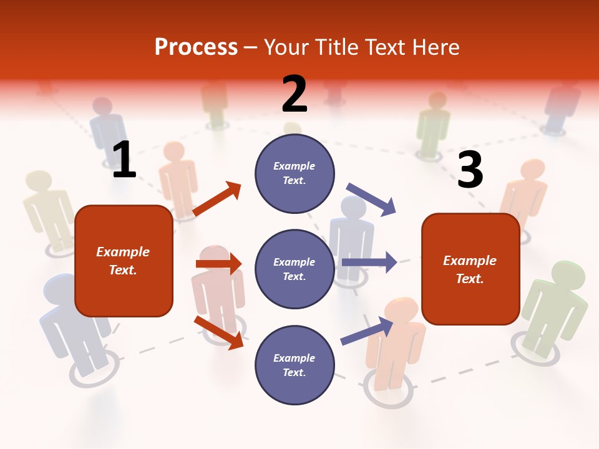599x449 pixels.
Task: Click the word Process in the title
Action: coord(196,47)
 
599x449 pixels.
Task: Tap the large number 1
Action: coord(124,160)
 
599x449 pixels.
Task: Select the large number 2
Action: coord(295,94)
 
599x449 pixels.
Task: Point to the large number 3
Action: coord(470,170)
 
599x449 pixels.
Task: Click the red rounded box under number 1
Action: coord(124,261)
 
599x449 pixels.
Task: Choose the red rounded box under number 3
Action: coord(470,269)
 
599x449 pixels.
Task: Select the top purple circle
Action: coord(295,173)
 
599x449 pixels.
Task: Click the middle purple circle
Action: coord(295,269)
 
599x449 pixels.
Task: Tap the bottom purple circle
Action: coord(295,365)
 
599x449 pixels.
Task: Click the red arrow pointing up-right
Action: coord(217,199)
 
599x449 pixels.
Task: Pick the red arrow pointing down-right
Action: coord(218,332)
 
